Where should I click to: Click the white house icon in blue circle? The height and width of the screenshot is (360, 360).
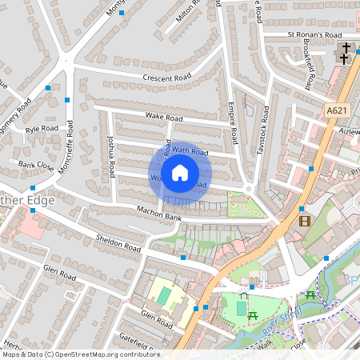click(180, 173)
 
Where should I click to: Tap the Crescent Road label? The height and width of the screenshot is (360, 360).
click(167, 78)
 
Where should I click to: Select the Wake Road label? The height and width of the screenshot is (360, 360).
click(163, 118)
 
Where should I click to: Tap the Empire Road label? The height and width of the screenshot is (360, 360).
click(232, 124)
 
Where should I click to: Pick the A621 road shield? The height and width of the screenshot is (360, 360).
click(338, 111)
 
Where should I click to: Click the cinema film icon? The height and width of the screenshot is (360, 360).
click(304, 220)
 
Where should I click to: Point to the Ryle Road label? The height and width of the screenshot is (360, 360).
click(42, 128)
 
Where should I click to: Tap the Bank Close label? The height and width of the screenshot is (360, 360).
click(36, 166)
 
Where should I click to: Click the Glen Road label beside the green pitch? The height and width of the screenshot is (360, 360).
click(157, 320)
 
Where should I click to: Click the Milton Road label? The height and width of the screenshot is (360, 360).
click(186, 12)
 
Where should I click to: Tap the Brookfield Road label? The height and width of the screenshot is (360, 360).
click(310, 66)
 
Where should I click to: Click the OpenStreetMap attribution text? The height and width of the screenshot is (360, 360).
click(81, 354)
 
